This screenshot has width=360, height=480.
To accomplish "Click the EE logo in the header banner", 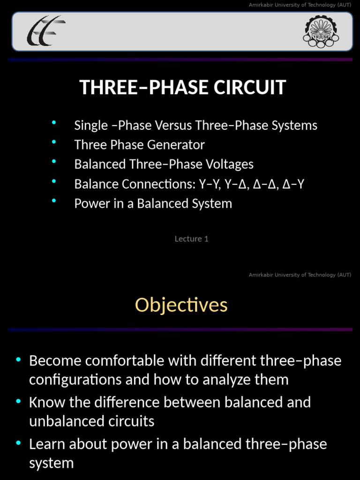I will [x=46, y=31].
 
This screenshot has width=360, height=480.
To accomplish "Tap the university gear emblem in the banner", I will [x=321, y=31].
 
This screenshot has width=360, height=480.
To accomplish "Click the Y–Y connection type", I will [x=210, y=184].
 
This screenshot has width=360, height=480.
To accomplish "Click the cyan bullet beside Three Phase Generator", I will [x=54, y=142].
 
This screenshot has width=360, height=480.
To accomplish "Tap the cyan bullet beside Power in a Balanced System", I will [x=54, y=201].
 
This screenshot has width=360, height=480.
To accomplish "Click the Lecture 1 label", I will [x=191, y=239].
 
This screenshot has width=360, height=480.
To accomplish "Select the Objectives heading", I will [x=181, y=305].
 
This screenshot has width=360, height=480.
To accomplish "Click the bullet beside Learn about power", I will [x=18, y=442].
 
